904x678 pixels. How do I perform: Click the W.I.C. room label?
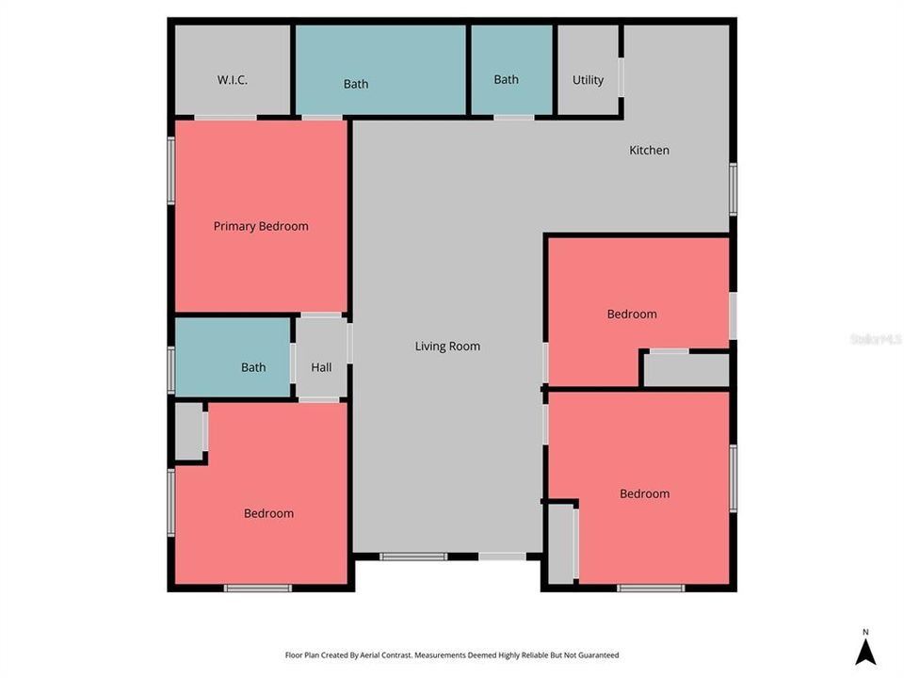point(233,80)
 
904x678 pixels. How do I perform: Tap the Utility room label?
point(588,80)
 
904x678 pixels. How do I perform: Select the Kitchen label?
point(649,150)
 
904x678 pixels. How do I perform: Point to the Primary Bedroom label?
point(261,226)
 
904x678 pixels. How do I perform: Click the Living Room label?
point(447,347)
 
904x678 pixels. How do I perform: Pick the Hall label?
point(321,367)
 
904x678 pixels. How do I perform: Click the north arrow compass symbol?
point(865,650)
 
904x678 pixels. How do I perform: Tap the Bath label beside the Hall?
point(253,367)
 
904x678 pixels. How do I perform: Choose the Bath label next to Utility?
point(507,80)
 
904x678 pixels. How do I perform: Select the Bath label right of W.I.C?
point(356,84)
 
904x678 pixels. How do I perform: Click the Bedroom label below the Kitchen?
point(632,314)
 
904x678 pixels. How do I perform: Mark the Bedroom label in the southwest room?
point(268,513)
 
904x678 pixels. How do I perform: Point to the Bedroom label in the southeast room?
point(644,493)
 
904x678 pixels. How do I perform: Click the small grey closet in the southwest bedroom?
point(189,431)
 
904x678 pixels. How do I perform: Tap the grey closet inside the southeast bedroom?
point(562,544)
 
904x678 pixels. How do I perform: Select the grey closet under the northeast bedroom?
point(686,370)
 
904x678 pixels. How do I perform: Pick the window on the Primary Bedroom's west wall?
point(170,170)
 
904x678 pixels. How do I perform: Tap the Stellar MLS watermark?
point(876,338)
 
